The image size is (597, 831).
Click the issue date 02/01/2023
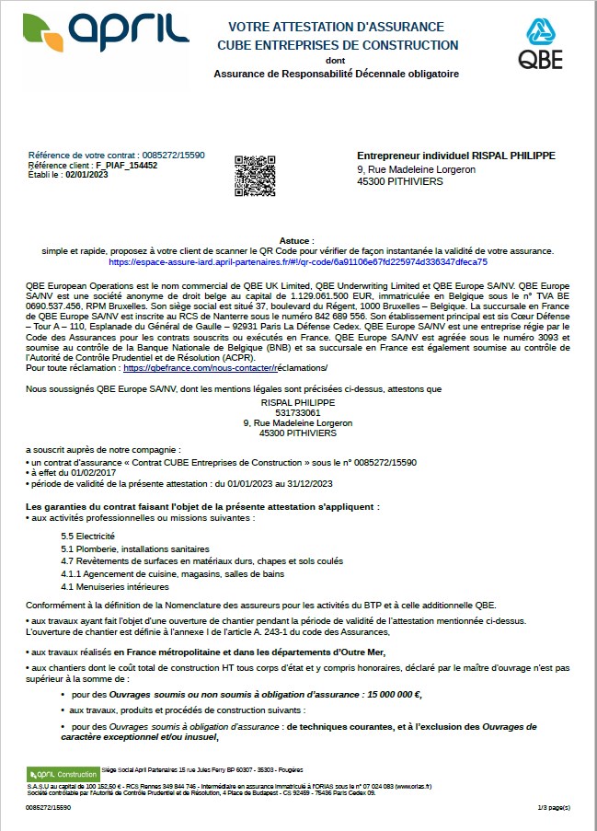tap(86, 175)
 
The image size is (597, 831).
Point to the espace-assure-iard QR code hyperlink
tap(299, 261)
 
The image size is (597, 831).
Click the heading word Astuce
tap(298, 239)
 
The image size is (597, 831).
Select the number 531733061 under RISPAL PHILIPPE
tap(297, 412)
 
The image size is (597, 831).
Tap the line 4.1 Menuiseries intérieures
tap(115, 586)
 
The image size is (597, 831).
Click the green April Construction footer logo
tap(63, 774)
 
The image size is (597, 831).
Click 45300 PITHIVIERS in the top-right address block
tap(399, 181)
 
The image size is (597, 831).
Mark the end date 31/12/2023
tap(312, 484)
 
